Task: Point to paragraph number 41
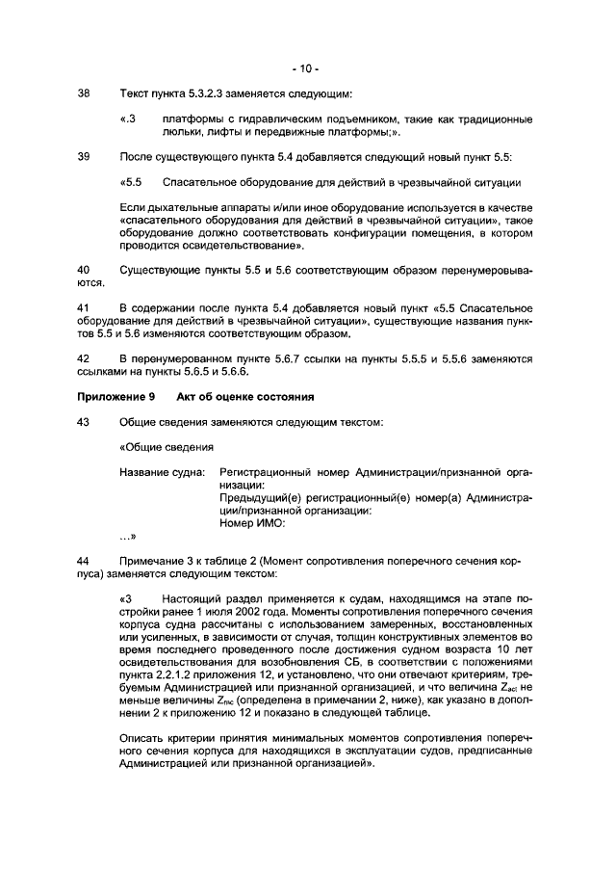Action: click(x=83, y=307)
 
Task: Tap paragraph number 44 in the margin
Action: click(x=83, y=560)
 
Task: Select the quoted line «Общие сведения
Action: click(x=166, y=447)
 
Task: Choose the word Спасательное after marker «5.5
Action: click(x=204, y=181)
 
